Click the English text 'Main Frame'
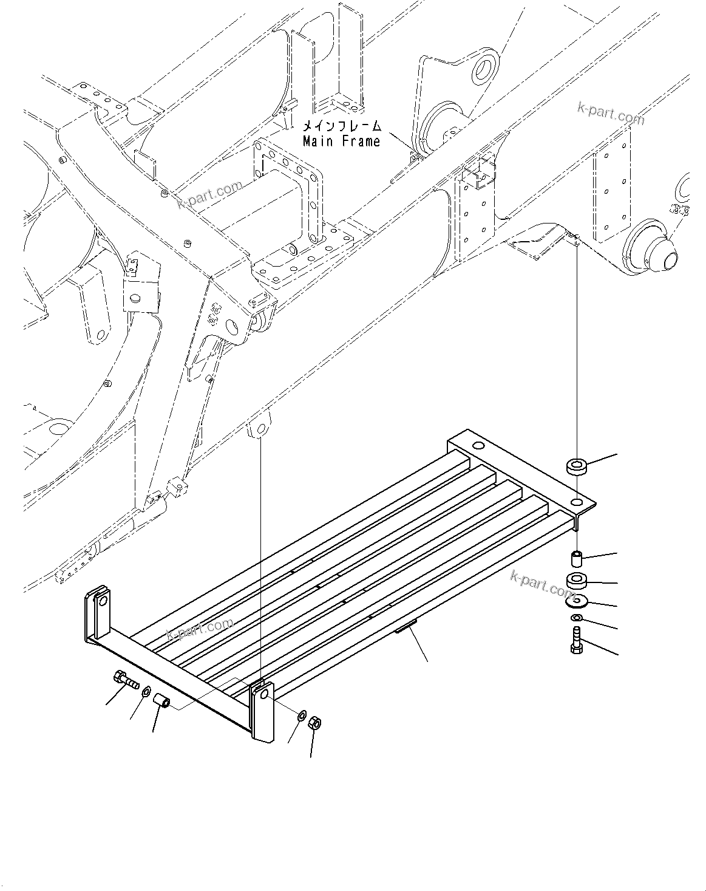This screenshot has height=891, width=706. click(342, 142)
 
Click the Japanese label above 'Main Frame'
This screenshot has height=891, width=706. click(342, 126)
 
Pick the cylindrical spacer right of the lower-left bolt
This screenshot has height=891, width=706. click(163, 702)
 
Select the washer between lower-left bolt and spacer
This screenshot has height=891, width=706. click(146, 692)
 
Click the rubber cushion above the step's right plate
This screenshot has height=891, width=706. click(576, 467)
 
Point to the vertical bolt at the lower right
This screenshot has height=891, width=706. click(576, 643)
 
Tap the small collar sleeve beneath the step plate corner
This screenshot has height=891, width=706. click(576, 557)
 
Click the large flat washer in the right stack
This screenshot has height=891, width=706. click(576, 601)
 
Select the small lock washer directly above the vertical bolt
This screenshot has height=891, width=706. click(576, 618)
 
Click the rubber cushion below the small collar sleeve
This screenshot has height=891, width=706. click(576, 580)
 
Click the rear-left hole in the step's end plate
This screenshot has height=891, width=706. click(475, 446)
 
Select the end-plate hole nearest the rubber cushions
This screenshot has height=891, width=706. click(577, 502)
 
